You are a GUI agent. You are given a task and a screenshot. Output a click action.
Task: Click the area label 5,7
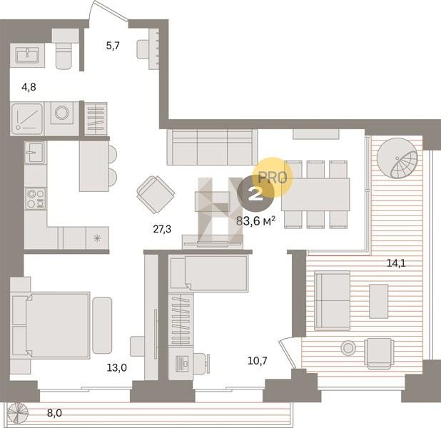(113, 46)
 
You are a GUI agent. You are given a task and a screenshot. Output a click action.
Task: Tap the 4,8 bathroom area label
(29, 87)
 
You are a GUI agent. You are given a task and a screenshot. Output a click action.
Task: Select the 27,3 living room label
(162, 230)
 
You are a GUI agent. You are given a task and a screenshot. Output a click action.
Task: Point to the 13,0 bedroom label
(117, 367)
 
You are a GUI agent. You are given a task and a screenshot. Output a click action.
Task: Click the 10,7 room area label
(258, 360)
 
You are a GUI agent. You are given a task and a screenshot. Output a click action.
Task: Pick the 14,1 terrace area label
(396, 263)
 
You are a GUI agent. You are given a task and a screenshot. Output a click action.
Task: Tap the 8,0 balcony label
(54, 413)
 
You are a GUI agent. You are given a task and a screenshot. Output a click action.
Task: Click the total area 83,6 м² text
(255, 221)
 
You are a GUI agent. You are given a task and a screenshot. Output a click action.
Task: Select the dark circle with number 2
(255, 193)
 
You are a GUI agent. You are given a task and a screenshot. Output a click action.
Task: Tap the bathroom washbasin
(27, 55)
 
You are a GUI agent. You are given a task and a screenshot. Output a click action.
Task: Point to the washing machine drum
(62, 113)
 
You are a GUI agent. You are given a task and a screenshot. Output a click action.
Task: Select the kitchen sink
(35, 152)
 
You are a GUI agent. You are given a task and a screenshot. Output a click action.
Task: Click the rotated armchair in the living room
(156, 195)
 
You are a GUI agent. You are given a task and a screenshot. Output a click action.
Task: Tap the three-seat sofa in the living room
(212, 147)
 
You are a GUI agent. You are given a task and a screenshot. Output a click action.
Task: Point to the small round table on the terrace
(348, 348)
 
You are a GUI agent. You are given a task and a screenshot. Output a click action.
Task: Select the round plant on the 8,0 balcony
(18, 413)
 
